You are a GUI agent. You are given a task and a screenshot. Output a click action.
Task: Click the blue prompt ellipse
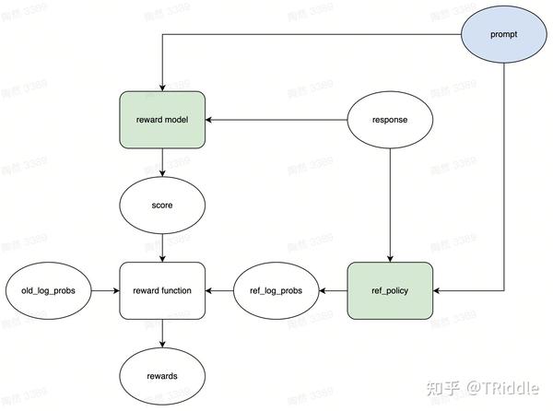(504, 35)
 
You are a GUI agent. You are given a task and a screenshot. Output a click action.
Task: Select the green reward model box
(162, 120)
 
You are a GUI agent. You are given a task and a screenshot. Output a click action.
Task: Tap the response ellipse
(389, 120)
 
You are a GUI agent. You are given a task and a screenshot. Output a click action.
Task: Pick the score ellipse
(162, 205)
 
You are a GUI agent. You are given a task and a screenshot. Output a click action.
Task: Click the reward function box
(162, 290)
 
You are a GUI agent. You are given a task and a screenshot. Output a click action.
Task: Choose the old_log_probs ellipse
(48, 290)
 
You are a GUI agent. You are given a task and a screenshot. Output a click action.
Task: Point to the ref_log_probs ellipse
(276, 290)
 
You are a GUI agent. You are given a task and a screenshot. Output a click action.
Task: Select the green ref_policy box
(389, 290)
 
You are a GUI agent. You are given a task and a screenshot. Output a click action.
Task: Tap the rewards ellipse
(162, 376)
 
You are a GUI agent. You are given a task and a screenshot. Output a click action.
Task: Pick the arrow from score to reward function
(162, 247)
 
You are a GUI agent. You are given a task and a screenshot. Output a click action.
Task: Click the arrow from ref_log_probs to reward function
(219, 290)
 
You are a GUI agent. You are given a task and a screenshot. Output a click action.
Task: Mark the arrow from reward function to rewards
(162, 333)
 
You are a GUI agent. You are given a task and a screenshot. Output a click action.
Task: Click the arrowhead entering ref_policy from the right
(436, 290)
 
